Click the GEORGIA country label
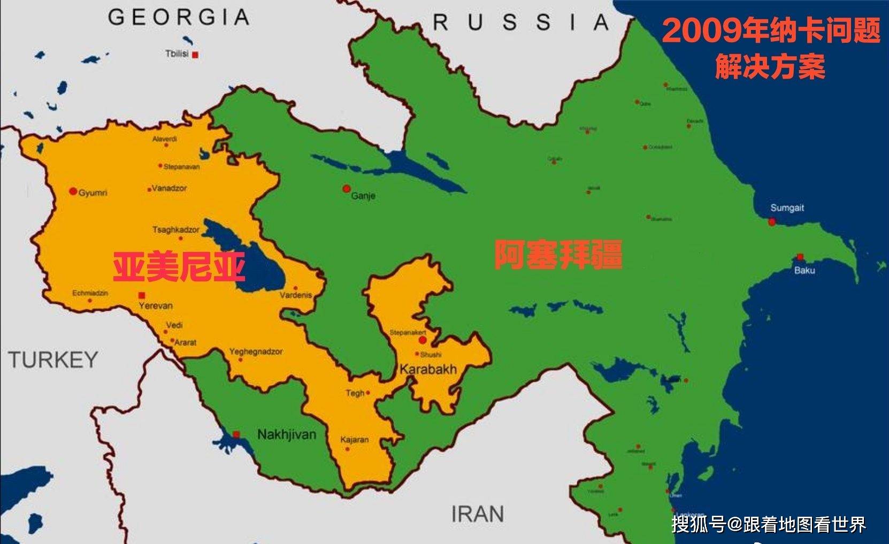[179, 18]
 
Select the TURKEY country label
[53, 360]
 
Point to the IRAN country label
[478, 514]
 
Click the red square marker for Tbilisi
[196, 55]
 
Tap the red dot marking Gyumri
[73, 191]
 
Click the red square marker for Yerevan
[142, 295]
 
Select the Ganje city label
[363, 196]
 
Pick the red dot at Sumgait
[772, 221]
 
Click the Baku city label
[804, 271]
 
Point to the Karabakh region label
[428, 369]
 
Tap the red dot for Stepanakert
[423, 340]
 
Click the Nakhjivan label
[287, 434]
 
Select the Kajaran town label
[355, 440]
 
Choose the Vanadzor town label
[169, 188]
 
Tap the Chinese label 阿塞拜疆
[558, 255]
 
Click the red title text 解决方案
[770, 67]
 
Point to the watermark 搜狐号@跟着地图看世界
[769, 524]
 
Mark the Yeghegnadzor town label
[256, 351]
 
